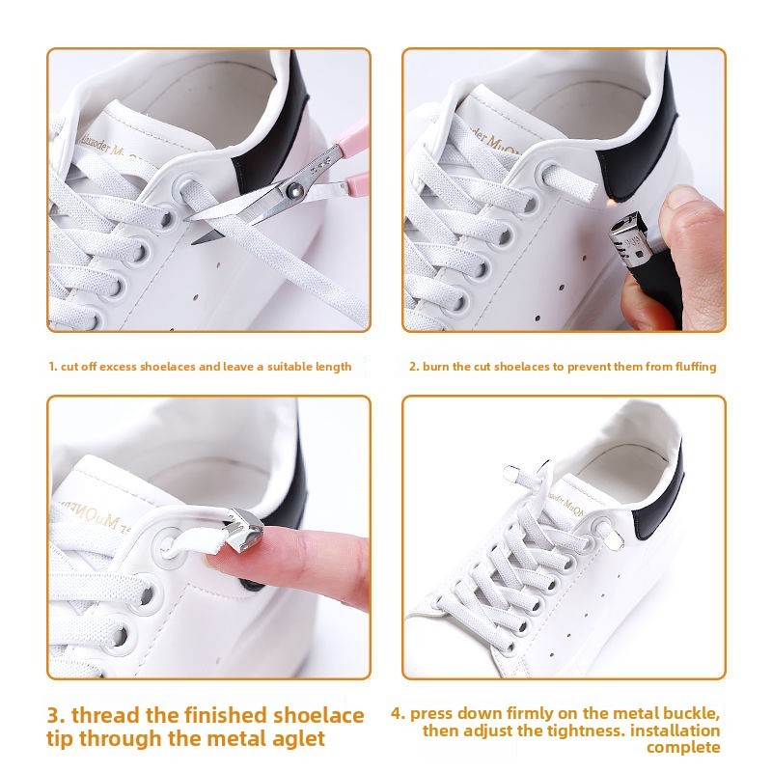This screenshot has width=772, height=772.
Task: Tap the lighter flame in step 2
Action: tap(611, 201)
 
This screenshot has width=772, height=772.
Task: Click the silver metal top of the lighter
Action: tap(628, 238)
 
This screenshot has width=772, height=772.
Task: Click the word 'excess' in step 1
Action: tap(118, 367)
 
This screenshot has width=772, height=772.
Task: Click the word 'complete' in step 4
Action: tap(683, 748)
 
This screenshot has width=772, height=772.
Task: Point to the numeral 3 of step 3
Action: tap(54, 715)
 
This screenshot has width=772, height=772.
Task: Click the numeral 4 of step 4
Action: tap(397, 714)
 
